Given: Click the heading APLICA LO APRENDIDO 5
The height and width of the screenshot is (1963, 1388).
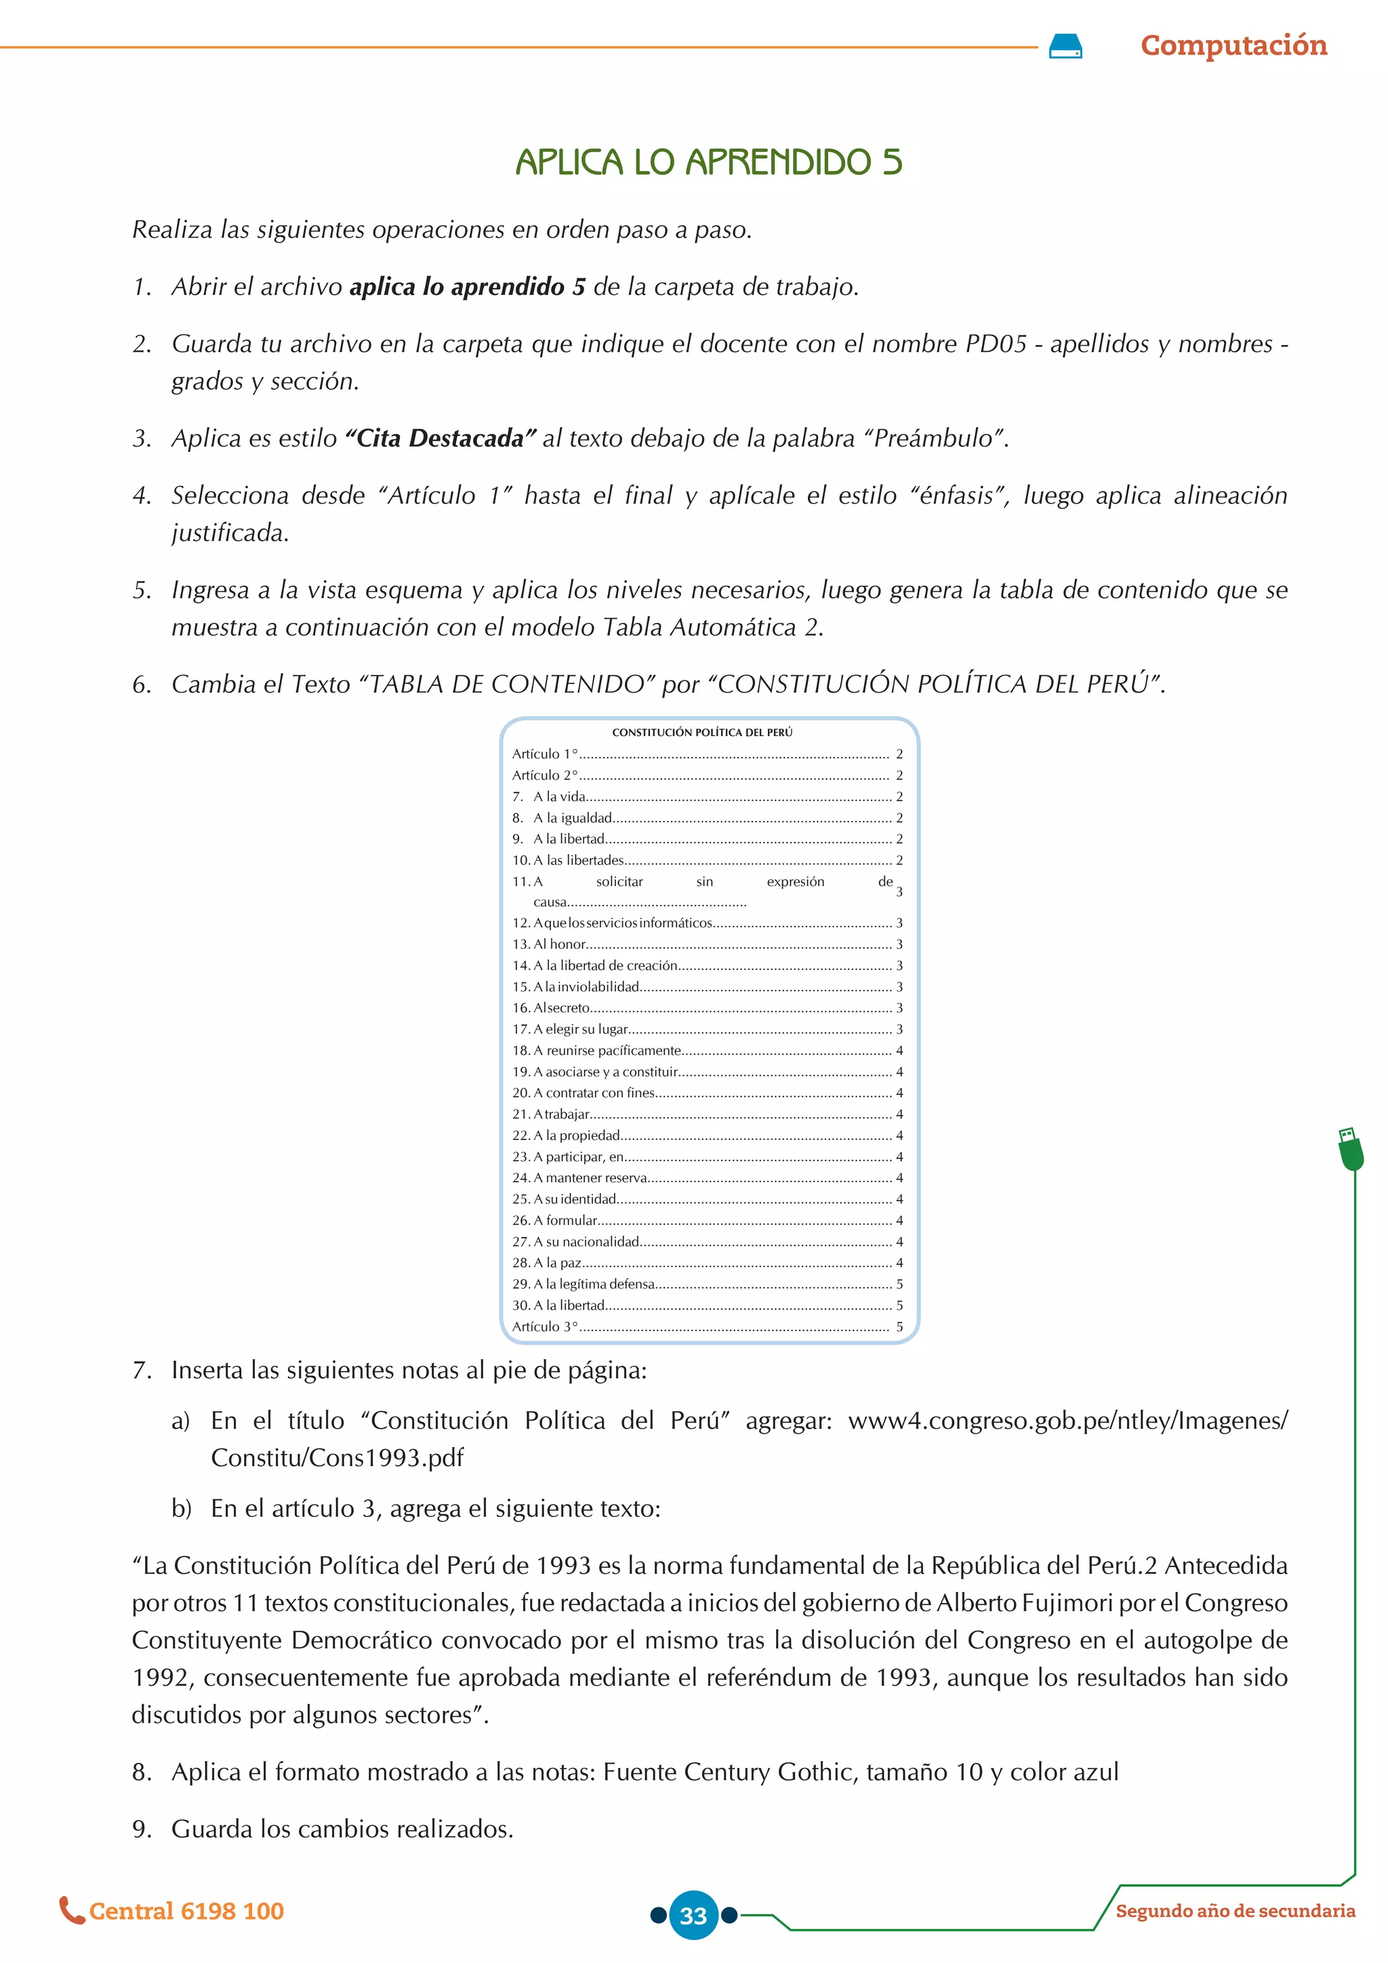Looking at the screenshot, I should [708, 163].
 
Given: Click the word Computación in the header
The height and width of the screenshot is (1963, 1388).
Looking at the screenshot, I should [1233, 45].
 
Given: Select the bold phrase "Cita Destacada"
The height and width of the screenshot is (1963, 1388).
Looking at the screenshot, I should [440, 439].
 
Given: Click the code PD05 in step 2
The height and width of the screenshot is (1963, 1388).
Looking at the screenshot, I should [995, 344].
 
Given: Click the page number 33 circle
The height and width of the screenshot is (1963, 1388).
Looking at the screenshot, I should [693, 1915].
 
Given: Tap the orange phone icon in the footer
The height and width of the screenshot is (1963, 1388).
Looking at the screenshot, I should [71, 1911].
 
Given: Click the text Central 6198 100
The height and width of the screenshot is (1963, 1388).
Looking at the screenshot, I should [186, 1911].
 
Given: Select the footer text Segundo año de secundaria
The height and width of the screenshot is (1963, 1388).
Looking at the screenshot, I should [1235, 1911].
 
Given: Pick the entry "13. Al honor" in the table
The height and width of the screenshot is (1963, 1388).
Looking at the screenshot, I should [549, 945].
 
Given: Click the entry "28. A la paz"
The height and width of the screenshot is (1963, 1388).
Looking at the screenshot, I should [547, 1263].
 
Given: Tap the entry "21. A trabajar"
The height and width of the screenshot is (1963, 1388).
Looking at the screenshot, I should [551, 1114].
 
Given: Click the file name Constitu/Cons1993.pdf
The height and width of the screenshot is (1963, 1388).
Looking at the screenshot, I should [337, 1458].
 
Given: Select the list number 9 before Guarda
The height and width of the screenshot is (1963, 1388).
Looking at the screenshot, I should [140, 1829].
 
